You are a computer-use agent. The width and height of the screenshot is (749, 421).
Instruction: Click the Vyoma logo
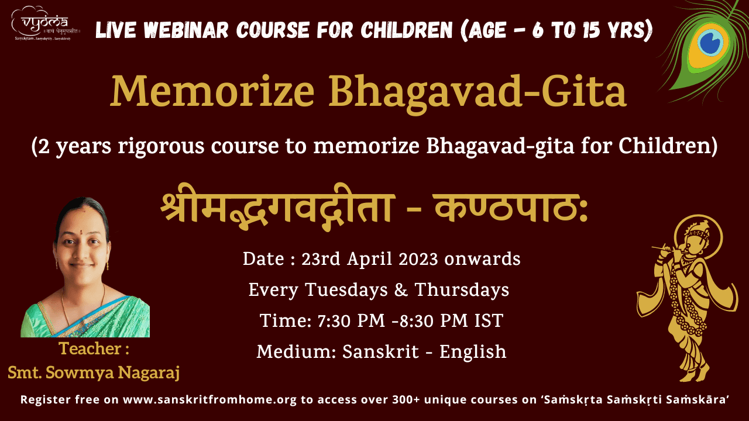click(46, 23)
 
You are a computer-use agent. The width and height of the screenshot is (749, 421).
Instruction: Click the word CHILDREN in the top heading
click(406, 30)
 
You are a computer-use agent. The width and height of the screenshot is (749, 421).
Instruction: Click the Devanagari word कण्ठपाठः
click(511, 207)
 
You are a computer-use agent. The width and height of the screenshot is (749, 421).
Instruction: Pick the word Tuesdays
click(346, 289)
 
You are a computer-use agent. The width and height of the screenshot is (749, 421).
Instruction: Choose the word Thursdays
click(462, 289)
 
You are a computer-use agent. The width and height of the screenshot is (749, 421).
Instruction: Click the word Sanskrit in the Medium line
click(380, 351)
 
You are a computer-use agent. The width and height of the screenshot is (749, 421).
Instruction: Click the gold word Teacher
click(90, 348)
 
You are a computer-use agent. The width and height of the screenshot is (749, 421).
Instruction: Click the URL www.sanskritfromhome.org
click(209, 400)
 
